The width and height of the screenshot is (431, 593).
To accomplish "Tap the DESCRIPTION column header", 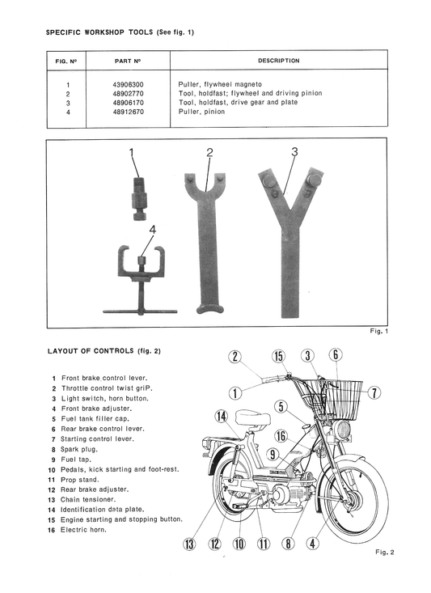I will [278, 61].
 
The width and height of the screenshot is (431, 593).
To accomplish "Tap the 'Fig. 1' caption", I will [378, 332].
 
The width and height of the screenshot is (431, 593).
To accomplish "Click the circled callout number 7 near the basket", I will [374, 393].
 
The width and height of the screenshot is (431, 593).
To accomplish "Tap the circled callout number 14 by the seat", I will [222, 417].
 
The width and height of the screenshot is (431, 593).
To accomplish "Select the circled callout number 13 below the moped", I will [189, 544].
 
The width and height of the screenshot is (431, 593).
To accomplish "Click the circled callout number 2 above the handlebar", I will [235, 357].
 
